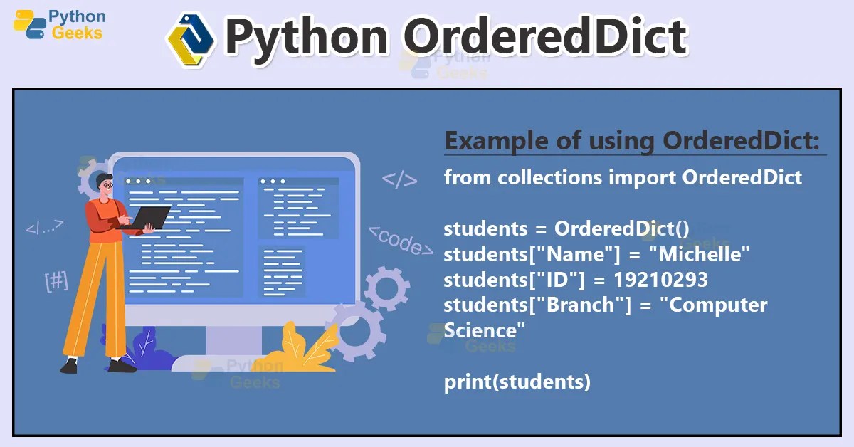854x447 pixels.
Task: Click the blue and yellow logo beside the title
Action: click(190, 38)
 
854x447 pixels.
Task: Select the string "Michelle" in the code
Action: click(705, 254)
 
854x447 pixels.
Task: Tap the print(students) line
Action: click(517, 382)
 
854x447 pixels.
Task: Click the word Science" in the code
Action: click(485, 331)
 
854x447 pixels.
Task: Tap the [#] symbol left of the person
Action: click(56, 281)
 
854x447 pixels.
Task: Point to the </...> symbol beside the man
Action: click(45, 227)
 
